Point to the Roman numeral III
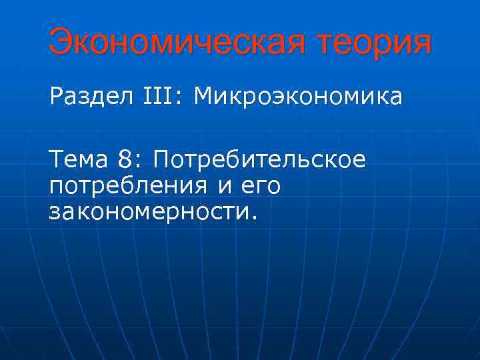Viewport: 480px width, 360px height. (157, 97)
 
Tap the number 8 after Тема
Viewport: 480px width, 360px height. (126, 159)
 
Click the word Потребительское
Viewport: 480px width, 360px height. (260, 160)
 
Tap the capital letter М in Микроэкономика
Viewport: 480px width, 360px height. (203, 97)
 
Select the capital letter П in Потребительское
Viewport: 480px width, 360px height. (162, 159)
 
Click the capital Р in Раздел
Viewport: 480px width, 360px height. (56, 97)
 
